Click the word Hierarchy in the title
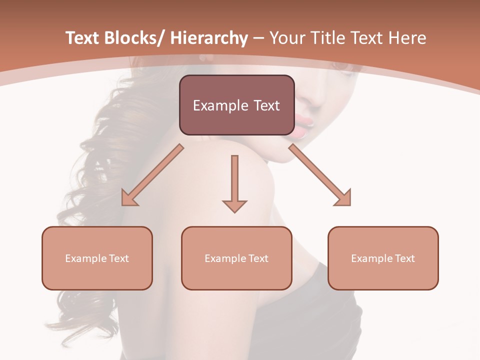(x=209, y=38)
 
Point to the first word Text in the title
(x=84, y=38)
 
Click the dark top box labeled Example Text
(x=236, y=105)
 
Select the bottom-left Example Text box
(x=97, y=258)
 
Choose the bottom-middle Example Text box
(x=236, y=258)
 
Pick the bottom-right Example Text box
(x=383, y=258)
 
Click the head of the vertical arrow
(x=234, y=205)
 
